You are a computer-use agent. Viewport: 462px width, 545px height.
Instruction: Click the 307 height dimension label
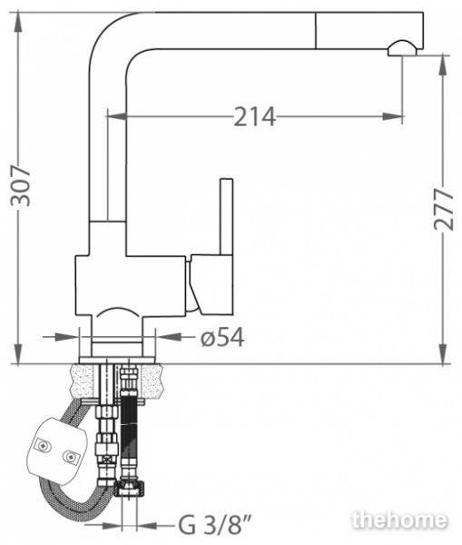[21, 186]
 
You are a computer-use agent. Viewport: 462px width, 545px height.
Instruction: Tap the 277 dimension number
[444, 210]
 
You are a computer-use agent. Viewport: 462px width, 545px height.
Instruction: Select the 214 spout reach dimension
[255, 116]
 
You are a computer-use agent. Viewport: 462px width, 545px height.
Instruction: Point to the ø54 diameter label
[222, 337]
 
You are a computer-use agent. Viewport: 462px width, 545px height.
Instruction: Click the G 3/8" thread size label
[215, 525]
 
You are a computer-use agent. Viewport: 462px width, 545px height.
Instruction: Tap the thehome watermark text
[398, 520]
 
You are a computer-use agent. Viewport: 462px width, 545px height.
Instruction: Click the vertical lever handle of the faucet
[226, 216]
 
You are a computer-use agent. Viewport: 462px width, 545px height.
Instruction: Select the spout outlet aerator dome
[401, 48]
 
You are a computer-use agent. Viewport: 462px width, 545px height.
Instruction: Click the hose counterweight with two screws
[57, 451]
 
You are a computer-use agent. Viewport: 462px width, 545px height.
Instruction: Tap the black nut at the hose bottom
[131, 487]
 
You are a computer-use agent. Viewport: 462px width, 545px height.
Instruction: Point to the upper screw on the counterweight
[43, 444]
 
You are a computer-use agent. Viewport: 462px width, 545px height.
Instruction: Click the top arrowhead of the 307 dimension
[18, 22]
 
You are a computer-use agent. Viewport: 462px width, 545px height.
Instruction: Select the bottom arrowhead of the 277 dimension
[443, 354]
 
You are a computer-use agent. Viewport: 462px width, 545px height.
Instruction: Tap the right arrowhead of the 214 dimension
[392, 116]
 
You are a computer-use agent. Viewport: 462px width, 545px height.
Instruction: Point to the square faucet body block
[131, 286]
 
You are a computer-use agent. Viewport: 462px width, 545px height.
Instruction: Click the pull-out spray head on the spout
[369, 31]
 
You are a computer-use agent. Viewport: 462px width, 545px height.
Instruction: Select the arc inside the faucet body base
[117, 311]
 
